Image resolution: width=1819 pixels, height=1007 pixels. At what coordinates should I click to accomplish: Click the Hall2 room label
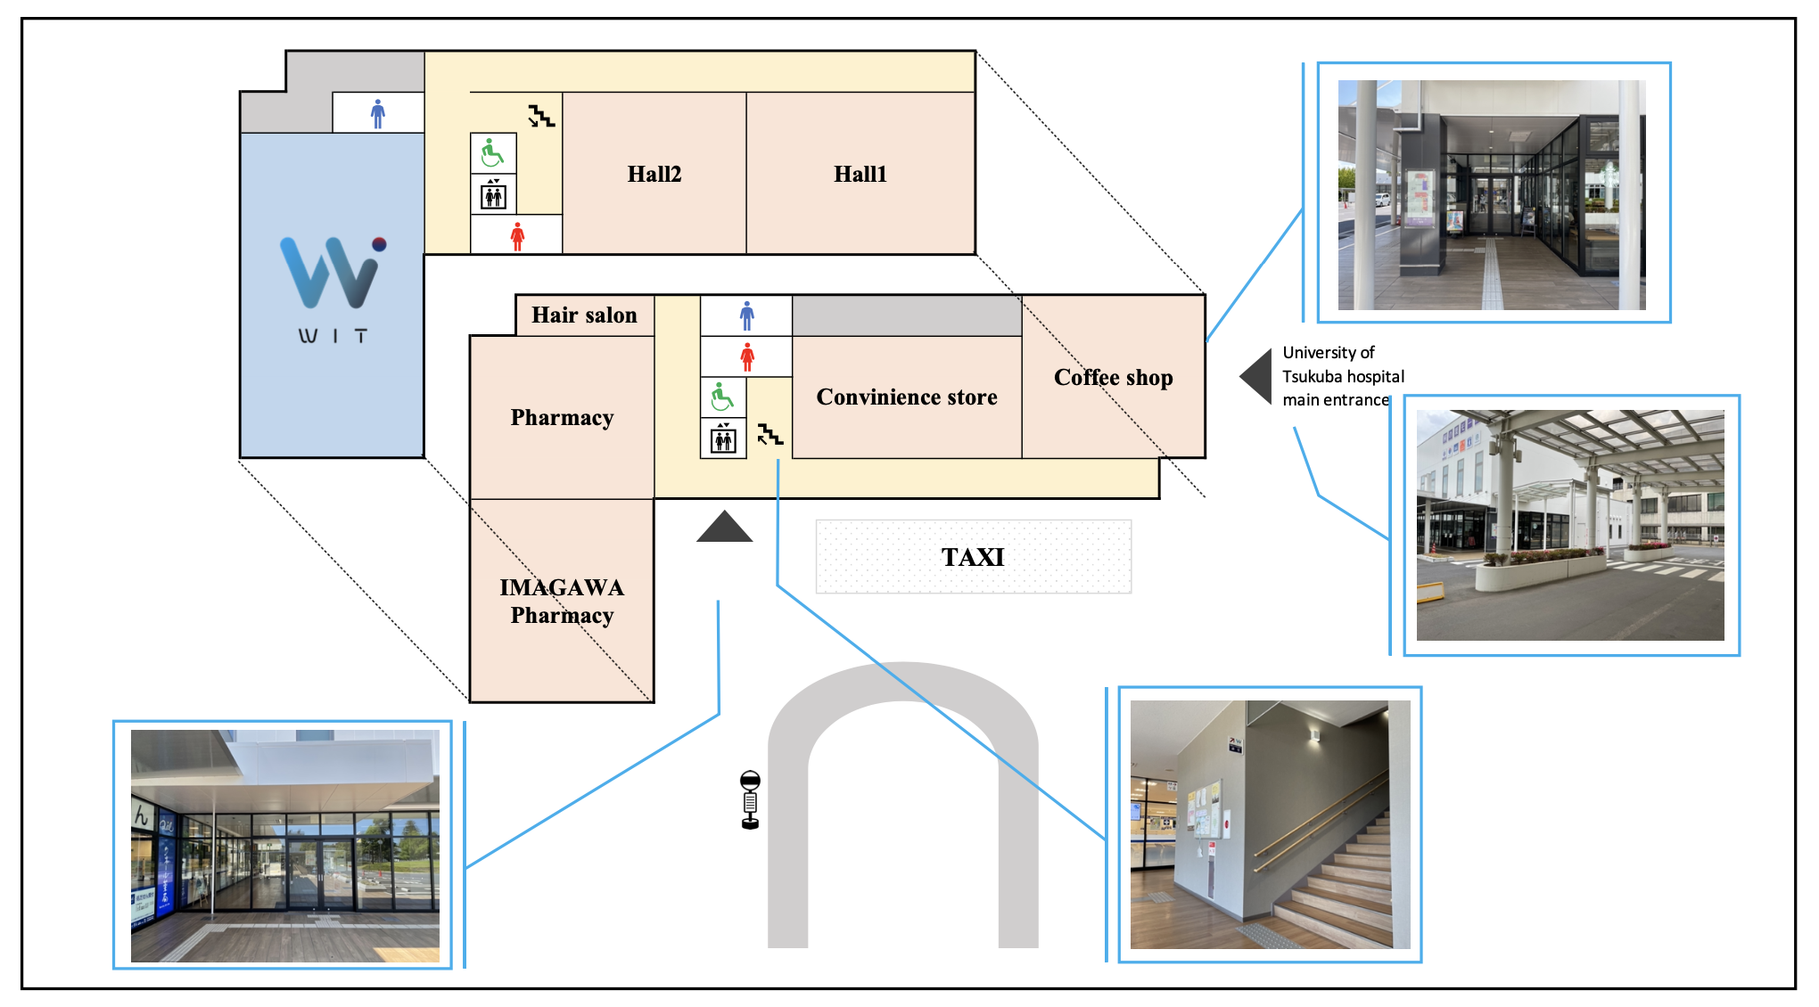[654, 174]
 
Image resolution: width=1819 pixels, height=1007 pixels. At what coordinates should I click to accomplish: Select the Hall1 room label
[860, 174]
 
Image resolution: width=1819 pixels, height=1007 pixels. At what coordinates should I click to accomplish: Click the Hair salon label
[584, 315]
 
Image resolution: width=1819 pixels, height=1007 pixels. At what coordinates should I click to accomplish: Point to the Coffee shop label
[1113, 377]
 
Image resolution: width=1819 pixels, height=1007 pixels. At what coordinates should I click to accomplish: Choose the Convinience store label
[906, 397]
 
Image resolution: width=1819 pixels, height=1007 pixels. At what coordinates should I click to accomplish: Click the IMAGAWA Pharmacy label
[562, 601]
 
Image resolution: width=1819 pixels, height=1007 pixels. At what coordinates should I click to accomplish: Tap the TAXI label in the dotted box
[972, 557]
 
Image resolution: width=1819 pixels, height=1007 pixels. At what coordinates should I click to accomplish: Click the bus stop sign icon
[750, 799]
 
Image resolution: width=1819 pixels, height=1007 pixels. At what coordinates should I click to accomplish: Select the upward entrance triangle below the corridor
[724, 528]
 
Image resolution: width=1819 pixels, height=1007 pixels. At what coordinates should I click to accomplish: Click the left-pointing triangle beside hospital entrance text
[1257, 376]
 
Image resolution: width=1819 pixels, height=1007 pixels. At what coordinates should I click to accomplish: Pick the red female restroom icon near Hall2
[517, 236]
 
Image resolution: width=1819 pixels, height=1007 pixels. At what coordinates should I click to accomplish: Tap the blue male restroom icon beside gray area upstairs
[378, 113]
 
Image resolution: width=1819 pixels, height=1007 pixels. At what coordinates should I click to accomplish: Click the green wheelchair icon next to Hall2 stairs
[492, 153]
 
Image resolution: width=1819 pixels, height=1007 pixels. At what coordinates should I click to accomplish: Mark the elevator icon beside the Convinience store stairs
[723, 438]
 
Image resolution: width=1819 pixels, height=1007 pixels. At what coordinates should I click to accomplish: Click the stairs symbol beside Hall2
[540, 116]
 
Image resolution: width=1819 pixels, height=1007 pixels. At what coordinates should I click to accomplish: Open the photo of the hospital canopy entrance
[1570, 525]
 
